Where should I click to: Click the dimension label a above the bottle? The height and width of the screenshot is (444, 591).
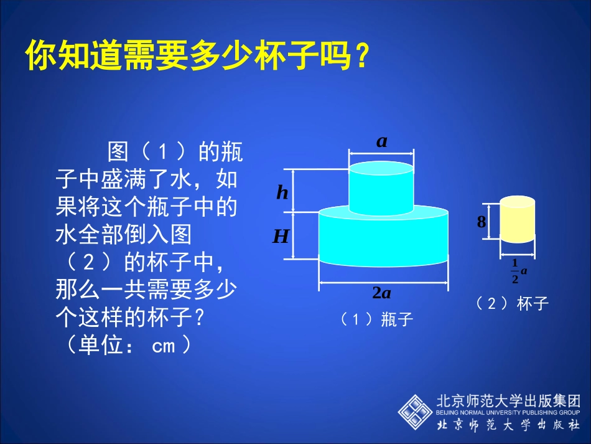381,141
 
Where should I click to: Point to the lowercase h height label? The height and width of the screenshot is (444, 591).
282,193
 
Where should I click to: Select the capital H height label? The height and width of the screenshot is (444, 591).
281,236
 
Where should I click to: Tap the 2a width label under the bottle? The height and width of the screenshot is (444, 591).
381,293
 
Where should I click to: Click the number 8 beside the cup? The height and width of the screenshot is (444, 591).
481,221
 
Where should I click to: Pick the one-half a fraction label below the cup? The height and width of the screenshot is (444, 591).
519,271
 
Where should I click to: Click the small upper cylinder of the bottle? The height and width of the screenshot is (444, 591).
381,188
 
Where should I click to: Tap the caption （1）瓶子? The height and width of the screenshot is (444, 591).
377,319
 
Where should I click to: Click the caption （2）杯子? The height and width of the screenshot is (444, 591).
512,303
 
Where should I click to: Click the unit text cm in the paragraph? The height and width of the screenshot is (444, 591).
164,346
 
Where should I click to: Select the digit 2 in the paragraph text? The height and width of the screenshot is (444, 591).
89,262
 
